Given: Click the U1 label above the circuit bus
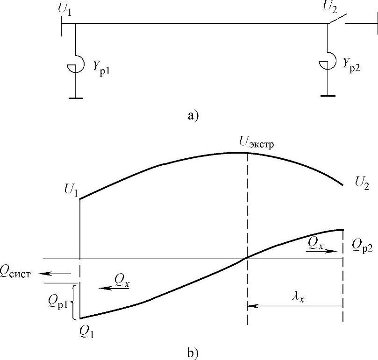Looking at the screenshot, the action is tap(65, 9).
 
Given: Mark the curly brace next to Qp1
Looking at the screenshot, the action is tap(73, 303).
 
